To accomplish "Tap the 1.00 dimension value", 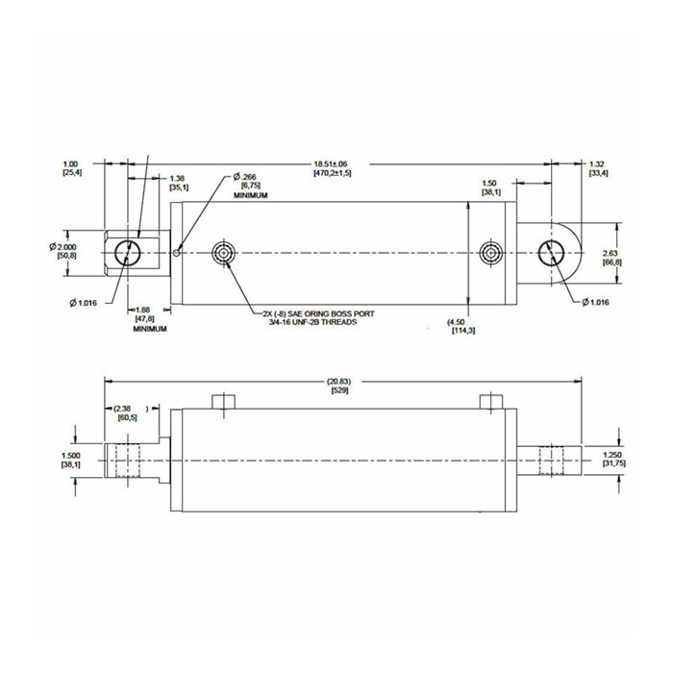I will (70, 164).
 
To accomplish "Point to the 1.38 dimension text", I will (178, 179).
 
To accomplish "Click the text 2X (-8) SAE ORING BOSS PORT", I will (325, 313).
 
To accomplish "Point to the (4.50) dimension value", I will (459, 322).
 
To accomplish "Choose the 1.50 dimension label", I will (489, 183).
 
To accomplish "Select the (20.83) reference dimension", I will (339, 382).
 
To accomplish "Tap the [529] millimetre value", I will (339, 391).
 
